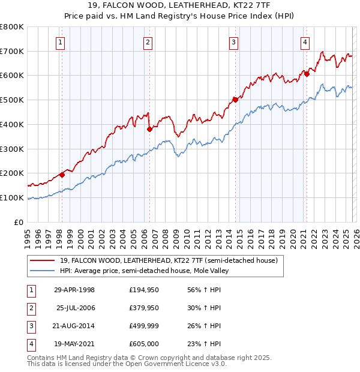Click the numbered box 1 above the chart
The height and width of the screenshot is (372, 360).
(62, 42)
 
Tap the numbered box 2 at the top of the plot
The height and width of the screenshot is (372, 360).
(148, 42)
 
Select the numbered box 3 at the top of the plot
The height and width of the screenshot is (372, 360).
(233, 42)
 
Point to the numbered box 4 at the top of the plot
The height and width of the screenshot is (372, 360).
(305, 42)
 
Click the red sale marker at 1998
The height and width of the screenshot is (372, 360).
(62, 175)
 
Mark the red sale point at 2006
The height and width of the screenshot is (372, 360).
(149, 128)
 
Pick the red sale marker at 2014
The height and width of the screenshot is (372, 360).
(235, 100)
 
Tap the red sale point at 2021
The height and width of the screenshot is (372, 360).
(307, 74)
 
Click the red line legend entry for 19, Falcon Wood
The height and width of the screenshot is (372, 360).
(168, 261)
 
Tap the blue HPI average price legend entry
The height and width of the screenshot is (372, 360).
(144, 271)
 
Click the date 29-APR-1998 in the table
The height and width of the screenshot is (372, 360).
(74, 290)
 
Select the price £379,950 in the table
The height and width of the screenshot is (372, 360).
(144, 308)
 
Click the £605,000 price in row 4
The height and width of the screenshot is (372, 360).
(144, 344)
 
